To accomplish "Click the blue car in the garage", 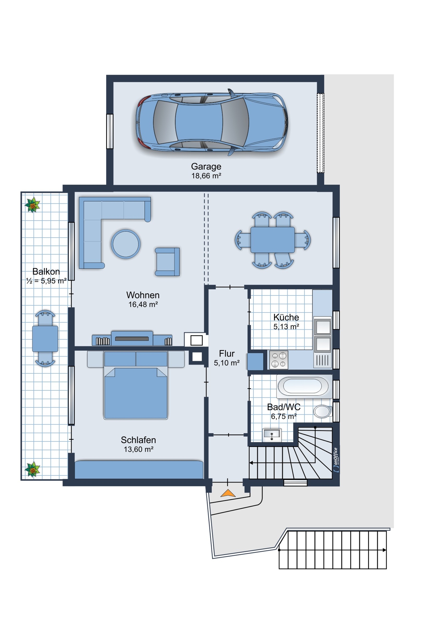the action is coord(212,122).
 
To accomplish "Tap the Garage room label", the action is coord(206,166).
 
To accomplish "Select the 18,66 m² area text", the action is coord(206,176).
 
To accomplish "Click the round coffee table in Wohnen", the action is coord(126,244).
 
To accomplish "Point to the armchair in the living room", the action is coord(167,262).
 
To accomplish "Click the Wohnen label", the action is coord(143,295).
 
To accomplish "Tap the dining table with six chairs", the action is coord(272,240).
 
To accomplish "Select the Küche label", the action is coord(286,317).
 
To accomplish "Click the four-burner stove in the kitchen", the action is coord(279,360).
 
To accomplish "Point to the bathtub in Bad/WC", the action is coord(303,386).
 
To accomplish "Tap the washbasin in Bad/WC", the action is coord(272,434).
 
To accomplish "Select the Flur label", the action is coord(227,353).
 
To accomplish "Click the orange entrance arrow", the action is coord(228,493).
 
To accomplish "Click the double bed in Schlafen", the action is coord(136,385).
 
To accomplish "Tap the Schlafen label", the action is coord(138,440).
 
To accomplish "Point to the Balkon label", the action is coord(46,271).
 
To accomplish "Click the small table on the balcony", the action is coord(45,339).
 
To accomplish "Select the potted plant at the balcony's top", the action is coord(33,205).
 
